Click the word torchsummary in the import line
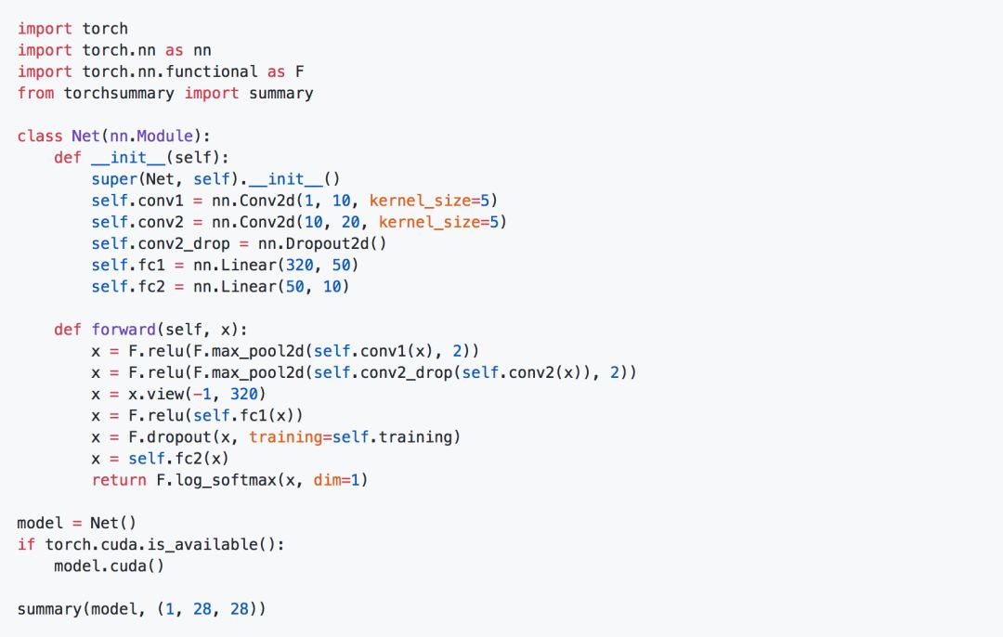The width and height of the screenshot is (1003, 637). pyautogui.click(x=119, y=93)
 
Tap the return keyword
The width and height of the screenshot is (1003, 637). pyautogui.click(x=119, y=480)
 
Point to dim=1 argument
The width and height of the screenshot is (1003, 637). pyautogui.click(x=332, y=480)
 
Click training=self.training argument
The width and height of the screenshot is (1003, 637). pyautogui.click(x=355, y=436)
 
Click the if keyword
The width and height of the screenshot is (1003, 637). pyautogui.click(x=26, y=544)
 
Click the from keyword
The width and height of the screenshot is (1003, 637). pyautogui.click(x=35, y=93)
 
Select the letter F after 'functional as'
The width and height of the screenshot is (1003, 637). pyautogui.click(x=300, y=71)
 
